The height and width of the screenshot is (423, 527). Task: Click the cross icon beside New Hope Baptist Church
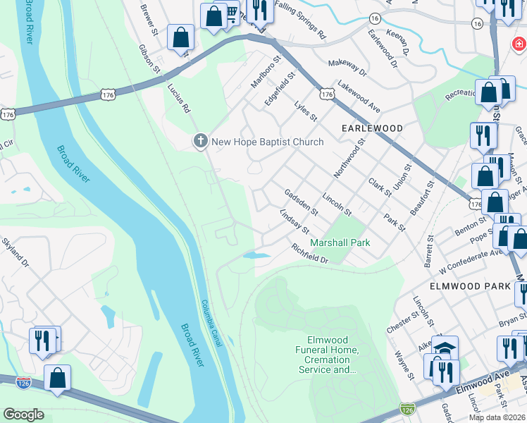point(200,142)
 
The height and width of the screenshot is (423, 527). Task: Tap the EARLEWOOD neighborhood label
point(372,128)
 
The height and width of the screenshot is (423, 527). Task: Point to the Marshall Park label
point(340,243)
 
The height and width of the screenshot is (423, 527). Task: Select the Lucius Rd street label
point(178,98)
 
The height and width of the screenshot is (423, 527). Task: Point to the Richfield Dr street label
point(310,254)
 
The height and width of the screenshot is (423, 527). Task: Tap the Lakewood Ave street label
point(359,96)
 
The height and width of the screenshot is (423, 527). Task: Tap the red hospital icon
point(518,44)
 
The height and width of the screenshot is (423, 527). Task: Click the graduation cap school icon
point(445,348)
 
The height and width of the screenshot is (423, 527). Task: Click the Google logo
point(23,415)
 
